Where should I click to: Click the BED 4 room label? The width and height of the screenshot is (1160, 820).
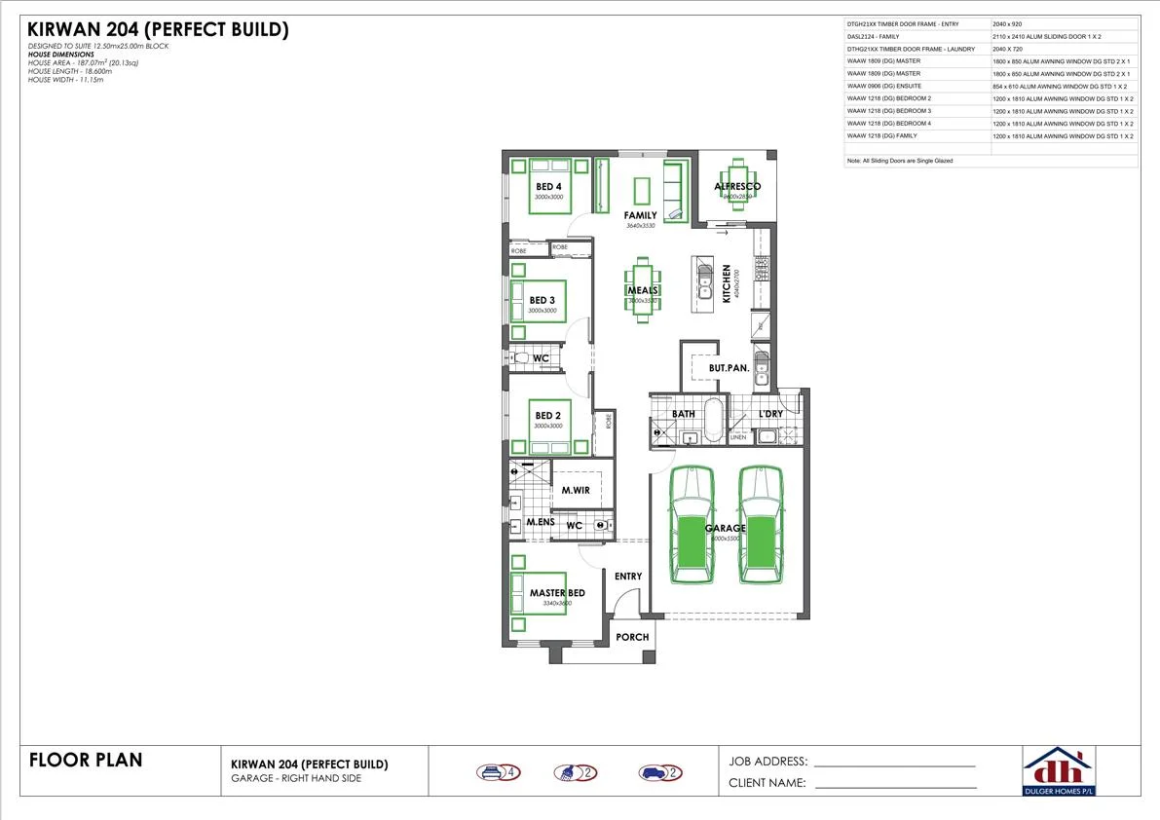548,186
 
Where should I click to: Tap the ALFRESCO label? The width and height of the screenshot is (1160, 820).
737,186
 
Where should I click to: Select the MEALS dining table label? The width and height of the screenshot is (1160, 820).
642,290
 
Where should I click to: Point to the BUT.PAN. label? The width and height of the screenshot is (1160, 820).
729,368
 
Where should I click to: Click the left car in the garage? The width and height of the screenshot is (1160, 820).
692,527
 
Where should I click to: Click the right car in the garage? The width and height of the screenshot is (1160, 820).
761,527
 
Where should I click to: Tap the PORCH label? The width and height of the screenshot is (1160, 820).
632,637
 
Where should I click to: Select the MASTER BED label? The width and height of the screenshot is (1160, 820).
557,593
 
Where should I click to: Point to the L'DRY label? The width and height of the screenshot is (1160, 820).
770,414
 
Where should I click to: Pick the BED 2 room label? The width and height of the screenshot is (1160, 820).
548,416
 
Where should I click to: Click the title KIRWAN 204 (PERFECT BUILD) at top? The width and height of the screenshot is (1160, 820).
158,30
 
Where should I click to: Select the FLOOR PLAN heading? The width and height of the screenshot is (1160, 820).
86,760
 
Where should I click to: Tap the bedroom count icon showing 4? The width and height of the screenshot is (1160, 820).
500,773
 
